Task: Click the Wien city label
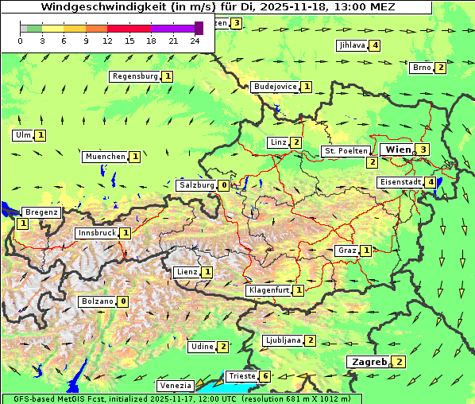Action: pos(397,150)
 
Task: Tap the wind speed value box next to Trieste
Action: pos(265,376)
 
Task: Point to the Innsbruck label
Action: pos(96,233)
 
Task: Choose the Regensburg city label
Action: pos(135,76)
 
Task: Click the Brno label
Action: pos(421,68)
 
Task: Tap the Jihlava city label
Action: pos(352,45)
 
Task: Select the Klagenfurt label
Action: pos(268,290)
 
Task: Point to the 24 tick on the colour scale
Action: pos(195,41)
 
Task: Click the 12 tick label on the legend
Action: pos(107,41)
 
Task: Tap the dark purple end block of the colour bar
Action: pos(199,28)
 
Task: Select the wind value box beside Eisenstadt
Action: pos(431,182)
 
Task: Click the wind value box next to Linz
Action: pos(295,142)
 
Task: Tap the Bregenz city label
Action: pos(41,212)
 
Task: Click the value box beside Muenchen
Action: pos(135,157)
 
